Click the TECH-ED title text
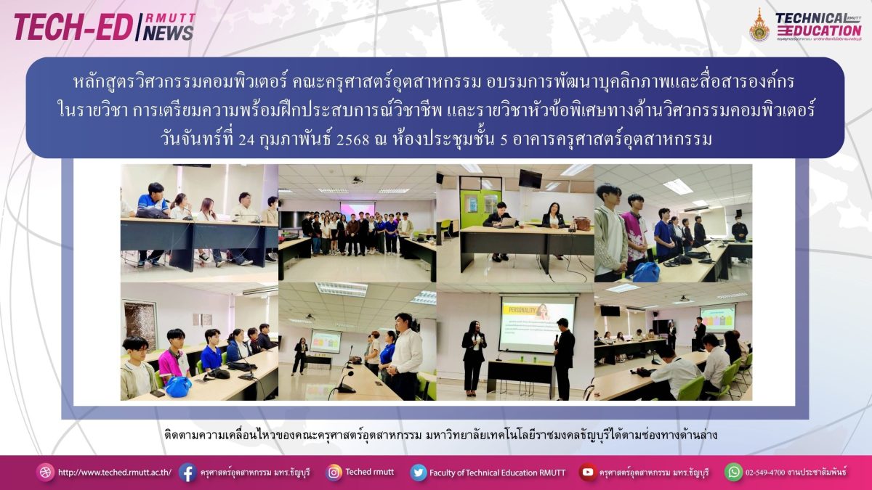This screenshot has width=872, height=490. coord(73,28)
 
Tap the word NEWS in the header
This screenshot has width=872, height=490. coord(168,33)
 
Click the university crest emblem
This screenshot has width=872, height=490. coord(759,25)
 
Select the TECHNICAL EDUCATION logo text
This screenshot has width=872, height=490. coord(818,25)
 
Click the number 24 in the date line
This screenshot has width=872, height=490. coord(247,139)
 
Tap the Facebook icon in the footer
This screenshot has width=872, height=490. coord(187,473)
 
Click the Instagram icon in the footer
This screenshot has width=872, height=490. coord(334,473)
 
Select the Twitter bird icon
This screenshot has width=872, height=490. coord(419,473)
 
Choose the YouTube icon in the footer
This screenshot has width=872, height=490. coord(587,472)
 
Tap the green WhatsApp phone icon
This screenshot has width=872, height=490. coord(733,472)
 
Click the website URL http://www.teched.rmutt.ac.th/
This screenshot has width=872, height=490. coord(115,473)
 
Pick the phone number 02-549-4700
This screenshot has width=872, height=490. coord(765,473)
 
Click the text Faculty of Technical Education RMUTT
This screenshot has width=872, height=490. coord(498,473)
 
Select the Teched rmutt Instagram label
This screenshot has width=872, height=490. coord(369,472)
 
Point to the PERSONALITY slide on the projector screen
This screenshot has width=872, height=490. coord(537,324)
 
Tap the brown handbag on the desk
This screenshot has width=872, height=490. coord(582,224)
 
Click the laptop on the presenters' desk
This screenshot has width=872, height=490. coord(508,221)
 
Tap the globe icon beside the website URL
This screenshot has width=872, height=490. coord(45,473)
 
